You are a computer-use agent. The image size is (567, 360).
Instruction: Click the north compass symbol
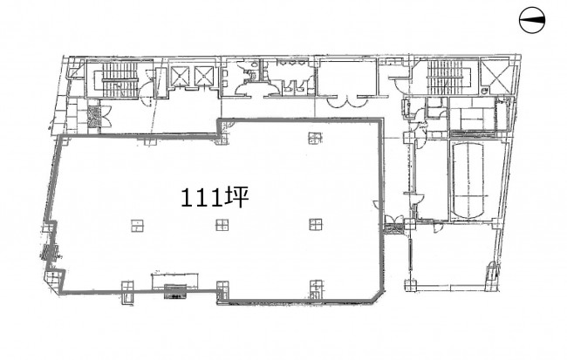click(x=532, y=20)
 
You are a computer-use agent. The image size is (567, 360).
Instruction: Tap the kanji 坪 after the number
click(x=236, y=198)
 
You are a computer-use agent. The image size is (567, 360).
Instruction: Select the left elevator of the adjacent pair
click(x=180, y=75)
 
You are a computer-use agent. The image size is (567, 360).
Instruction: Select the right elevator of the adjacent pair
click(x=205, y=75)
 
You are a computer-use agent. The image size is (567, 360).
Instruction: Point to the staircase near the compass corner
click(x=446, y=77)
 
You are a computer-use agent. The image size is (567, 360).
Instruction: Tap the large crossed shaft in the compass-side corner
click(x=496, y=76)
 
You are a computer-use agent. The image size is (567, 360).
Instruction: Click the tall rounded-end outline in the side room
click(x=468, y=180)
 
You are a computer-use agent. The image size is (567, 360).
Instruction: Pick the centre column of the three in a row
click(x=222, y=225)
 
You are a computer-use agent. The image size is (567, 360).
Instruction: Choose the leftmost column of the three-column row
click(x=138, y=225)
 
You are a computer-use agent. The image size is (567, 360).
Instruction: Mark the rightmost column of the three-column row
click(x=316, y=225)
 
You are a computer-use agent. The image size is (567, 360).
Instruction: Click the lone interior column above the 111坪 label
click(x=315, y=138)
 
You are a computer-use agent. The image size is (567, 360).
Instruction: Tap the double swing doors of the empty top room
click(x=347, y=101)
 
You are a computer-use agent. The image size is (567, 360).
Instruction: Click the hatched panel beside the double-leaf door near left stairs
click(x=93, y=116)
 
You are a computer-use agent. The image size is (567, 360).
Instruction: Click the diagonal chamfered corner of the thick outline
click(x=377, y=294)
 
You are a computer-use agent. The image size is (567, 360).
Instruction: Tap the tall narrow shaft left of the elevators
click(x=161, y=83)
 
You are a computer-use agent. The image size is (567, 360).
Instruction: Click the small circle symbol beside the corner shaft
click(x=485, y=91)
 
